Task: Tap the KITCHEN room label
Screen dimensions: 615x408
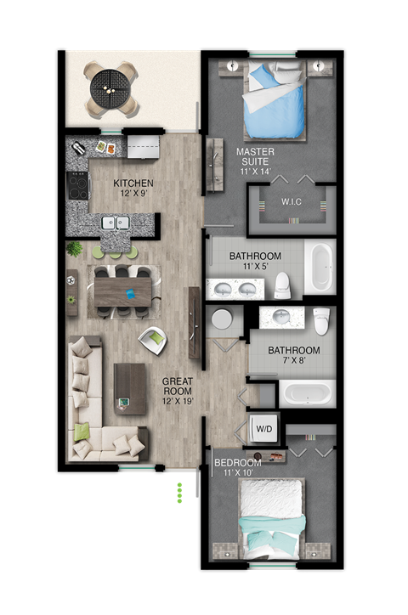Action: (x=134, y=183)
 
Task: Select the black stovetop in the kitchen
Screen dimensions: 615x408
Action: (x=77, y=186)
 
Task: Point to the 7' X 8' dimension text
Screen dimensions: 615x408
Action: (x=293, y=362)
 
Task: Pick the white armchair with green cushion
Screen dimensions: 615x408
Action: (x=155, y=340)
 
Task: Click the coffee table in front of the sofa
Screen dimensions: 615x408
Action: (x=130, y=387)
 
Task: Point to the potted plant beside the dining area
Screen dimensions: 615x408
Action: (x=75, y=249)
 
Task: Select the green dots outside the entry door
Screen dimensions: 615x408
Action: (x=179, y=494)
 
